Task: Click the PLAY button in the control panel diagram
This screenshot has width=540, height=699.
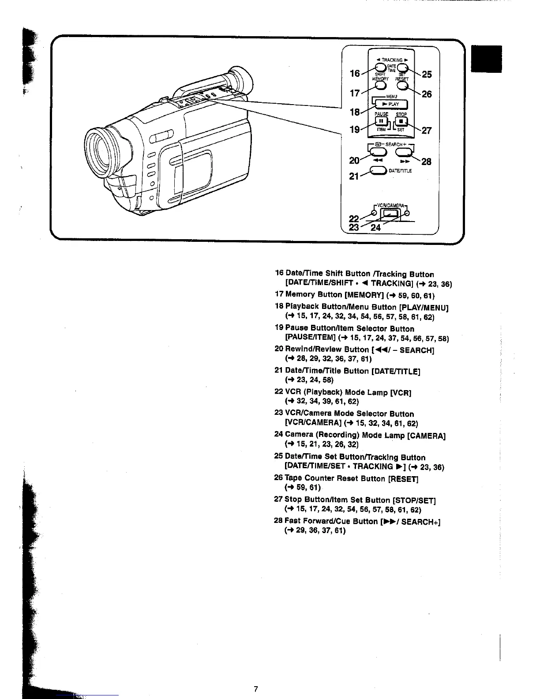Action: (x=391, y=105)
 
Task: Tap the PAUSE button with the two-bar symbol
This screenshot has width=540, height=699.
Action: (x=381, y=121)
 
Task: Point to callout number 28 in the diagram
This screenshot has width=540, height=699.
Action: (x=426, y=162)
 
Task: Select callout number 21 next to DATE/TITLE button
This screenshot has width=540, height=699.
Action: (x=354, y=176)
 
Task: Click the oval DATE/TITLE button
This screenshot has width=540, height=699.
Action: (x=378, y=171)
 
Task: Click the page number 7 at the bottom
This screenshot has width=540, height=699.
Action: (x=255, y=689)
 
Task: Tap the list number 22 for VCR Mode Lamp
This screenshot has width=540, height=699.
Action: (x=279, y=392)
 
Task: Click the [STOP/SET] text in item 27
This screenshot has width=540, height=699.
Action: (x=413, y=500)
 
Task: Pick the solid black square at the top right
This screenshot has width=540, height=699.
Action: (x=487, y=59)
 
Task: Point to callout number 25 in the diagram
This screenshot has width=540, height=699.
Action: (x=427, y=75)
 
